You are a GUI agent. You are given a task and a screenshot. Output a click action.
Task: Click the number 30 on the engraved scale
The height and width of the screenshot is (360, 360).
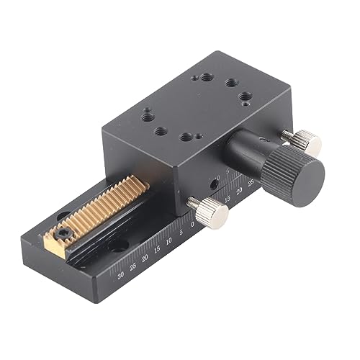click(x=119, y=274)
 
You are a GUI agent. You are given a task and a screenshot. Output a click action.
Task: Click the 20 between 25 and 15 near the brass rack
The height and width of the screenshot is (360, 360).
click(x=145, y=258)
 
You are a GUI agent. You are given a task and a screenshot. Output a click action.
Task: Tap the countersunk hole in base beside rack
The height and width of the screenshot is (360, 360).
click(x=115, y=246)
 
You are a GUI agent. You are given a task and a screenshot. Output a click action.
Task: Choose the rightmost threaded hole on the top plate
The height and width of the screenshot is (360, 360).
click(x=247, y=95)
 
